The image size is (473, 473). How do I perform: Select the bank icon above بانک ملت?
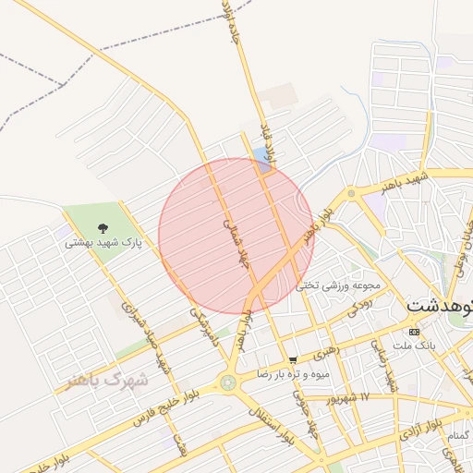(413, 332)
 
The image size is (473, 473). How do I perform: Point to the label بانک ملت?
(414, 346)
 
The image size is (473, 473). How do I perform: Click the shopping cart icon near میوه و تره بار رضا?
(293, 359)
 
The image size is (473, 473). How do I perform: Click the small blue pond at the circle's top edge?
(261, 159)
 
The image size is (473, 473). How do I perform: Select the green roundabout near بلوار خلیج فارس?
(227, 382)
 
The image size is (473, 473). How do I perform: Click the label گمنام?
(458, 435)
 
